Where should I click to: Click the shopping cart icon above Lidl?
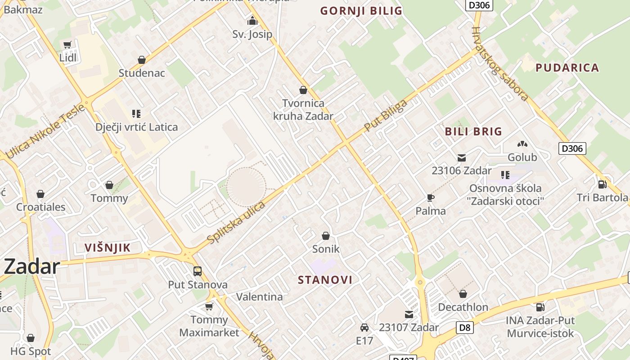67,45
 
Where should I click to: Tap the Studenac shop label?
142,73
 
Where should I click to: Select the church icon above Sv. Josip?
252,21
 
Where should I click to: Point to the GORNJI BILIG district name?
361,11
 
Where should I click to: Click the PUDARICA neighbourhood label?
567,68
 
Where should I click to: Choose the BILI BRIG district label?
473,131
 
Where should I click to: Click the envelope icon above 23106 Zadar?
461,158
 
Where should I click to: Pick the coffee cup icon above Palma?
431,198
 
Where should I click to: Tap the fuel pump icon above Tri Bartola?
602,184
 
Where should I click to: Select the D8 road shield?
465,328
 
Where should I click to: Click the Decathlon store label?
463,307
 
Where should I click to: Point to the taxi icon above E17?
364,328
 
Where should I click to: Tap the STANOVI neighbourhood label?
325,280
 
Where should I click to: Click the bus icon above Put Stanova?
198,271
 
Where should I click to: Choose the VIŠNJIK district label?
108,247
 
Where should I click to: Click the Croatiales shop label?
41,207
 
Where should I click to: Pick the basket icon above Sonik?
326,236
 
